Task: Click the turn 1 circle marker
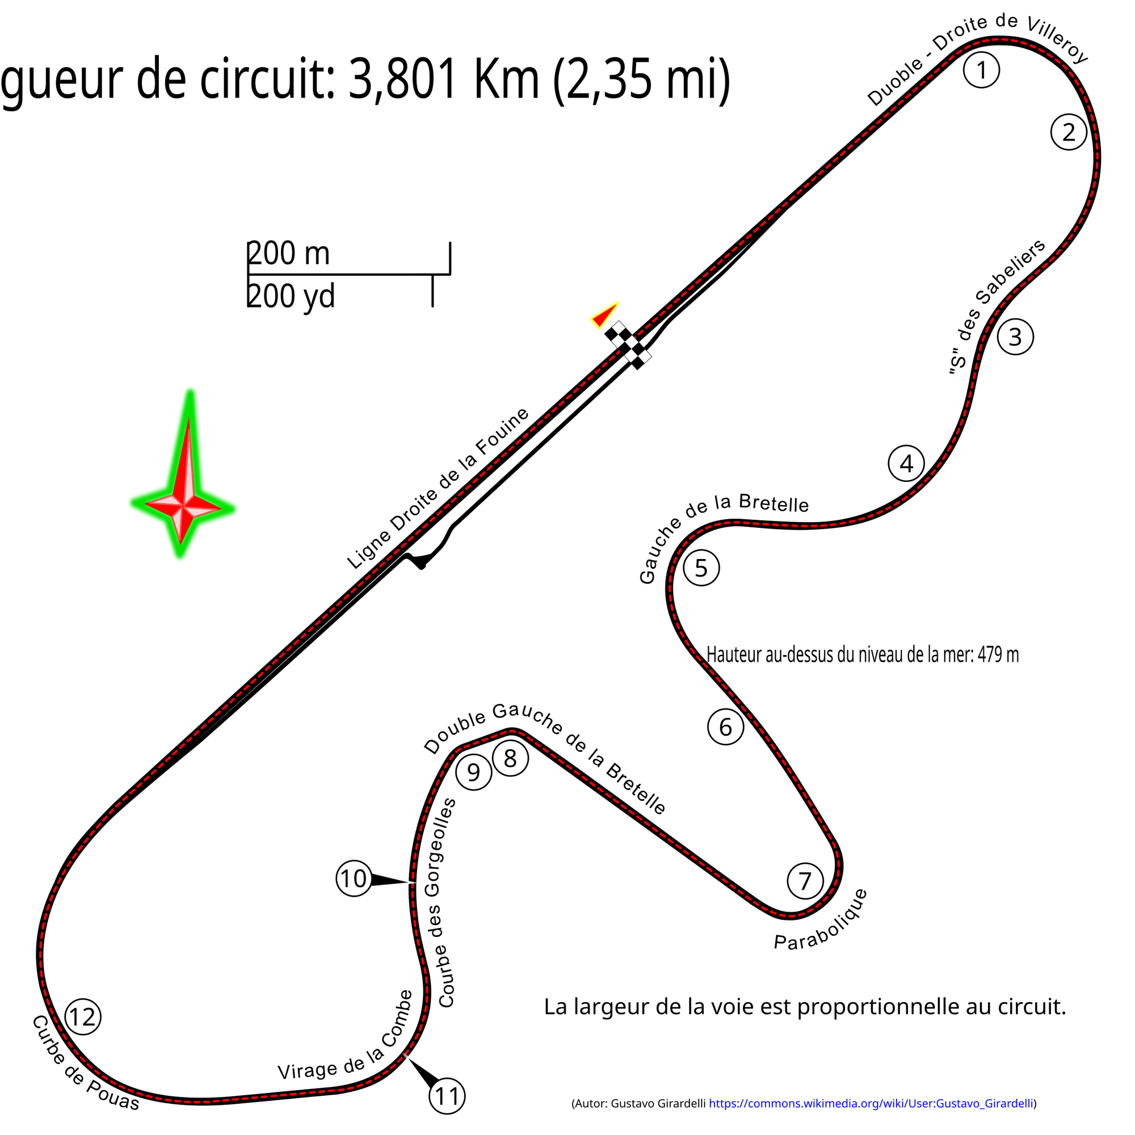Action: (x=981, y=70)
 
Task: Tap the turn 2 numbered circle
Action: (x=1069, y=132)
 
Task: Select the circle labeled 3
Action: (x=1015, y=337)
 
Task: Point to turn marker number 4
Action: (x=906, y=464)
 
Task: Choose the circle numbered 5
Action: (x=701, y=568)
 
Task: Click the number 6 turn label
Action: (x=725, y=727)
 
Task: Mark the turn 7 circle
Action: (x=805, y=881)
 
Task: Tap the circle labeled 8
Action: (x=511, y=758)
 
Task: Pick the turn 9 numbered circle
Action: (x=473, y=772)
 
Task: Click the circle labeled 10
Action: (x=353, y=879)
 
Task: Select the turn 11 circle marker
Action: (x=448, y=1096)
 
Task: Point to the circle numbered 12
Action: (x=83, y=1017)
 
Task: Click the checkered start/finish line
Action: (x=628, y=346)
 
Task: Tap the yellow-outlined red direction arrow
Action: (x=604, y=316)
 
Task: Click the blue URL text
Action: (x=870, y=1104)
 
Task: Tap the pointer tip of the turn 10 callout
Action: (x=418, y=883)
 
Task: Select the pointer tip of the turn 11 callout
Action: (x=401, y=1053)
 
